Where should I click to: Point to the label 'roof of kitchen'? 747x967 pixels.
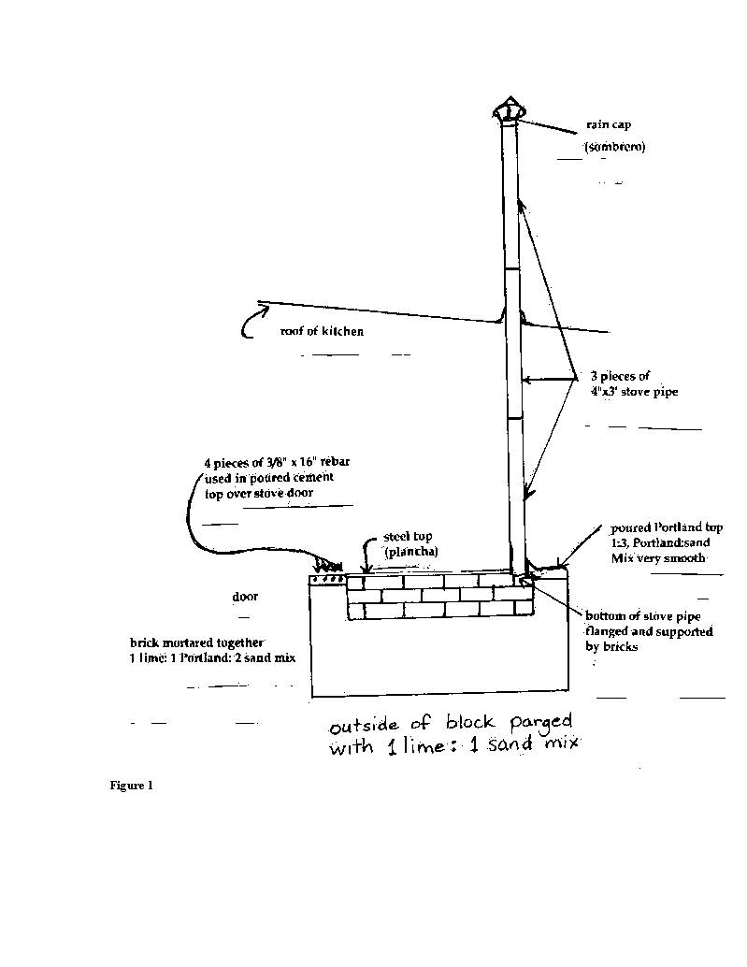[x=322, y=331]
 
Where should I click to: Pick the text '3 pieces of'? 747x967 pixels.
[x=621, y=376]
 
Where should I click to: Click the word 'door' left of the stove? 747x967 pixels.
[x=245, y=596]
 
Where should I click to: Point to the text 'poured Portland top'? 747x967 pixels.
[x=667, y=527]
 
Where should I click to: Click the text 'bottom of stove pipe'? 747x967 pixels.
[x=643, y=615]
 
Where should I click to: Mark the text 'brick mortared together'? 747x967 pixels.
[x=196, y=642]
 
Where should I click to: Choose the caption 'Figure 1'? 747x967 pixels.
[x=131, y=786]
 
